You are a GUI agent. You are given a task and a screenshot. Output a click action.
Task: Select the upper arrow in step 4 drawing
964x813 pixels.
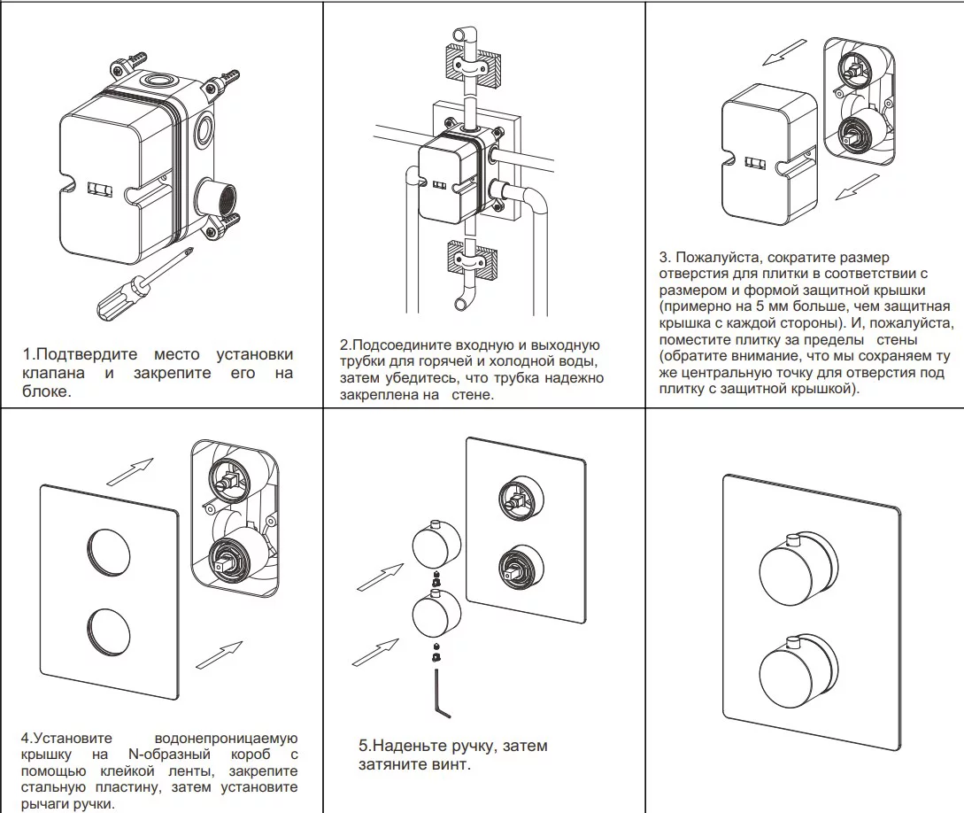(130, 470)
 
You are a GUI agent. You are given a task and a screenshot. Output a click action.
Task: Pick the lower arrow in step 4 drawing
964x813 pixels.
(218, 655)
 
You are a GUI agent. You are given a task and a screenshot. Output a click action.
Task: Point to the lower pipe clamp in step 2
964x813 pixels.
(467, 260)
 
